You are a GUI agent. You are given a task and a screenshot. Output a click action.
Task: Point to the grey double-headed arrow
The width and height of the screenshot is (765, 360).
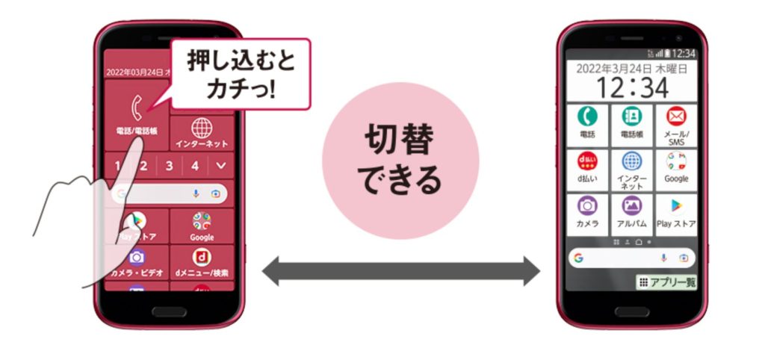(400, 270)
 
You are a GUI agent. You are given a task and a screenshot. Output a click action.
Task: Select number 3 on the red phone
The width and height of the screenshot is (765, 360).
(170, 166)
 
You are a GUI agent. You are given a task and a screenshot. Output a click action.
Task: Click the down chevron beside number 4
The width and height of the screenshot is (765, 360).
(221, 166)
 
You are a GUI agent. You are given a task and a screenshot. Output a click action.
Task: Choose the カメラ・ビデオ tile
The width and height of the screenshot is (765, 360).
(136, 261)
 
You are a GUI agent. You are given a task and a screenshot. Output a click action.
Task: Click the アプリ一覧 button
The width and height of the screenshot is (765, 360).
(666, 282)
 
